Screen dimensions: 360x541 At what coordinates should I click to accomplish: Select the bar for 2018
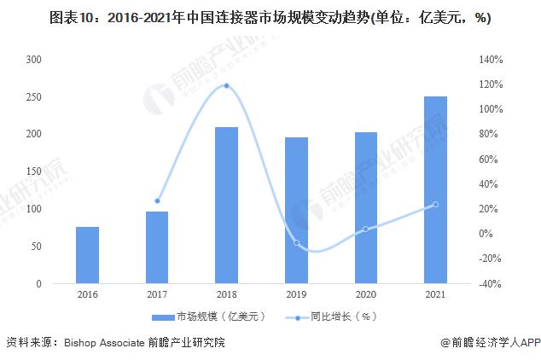(226, 205)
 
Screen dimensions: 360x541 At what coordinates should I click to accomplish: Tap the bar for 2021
(435, 189)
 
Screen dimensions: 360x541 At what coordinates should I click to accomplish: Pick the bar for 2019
(296, 210)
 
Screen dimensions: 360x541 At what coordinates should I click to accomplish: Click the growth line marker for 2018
(226, 85)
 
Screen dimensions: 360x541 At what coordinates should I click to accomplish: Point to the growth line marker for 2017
(157, 200)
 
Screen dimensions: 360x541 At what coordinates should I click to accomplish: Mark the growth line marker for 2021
(435, 204)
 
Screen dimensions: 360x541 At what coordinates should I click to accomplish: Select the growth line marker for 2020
(365, 229)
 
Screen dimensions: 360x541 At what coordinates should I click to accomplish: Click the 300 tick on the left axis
(35, 60)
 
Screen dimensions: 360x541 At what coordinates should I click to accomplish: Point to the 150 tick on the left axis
(35, 171)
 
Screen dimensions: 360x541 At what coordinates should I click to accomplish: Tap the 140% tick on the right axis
(493, 60)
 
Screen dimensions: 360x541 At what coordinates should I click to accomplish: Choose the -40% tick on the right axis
(492, 284)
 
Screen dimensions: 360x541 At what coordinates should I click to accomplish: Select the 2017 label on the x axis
(157, 294)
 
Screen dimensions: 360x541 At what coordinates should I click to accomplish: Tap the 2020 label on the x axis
(365, 294)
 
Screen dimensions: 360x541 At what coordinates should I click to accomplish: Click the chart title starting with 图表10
(270, 17)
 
